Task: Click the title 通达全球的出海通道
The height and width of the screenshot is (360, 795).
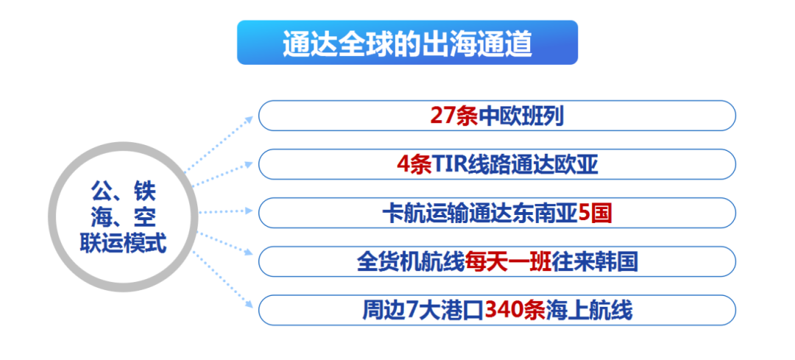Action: [x=407, y=43]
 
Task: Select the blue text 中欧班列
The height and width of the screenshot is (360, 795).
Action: [x=521, y=116]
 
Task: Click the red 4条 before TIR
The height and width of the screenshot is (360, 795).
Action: [x=414, y=165]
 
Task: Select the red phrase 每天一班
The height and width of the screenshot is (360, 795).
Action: [x=509, y=262]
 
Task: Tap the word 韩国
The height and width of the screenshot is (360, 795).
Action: [x=617, y=262]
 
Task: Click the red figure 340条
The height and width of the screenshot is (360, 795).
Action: [x=515, y=311]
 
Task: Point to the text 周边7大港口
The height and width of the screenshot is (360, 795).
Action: [x=423, y=311]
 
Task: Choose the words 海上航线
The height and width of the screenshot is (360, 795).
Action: [x=589, y=311]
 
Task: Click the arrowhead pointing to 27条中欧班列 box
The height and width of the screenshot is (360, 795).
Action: [x=249, y=120]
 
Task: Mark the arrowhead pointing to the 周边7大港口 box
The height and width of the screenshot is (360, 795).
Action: [x=249, y=304]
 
